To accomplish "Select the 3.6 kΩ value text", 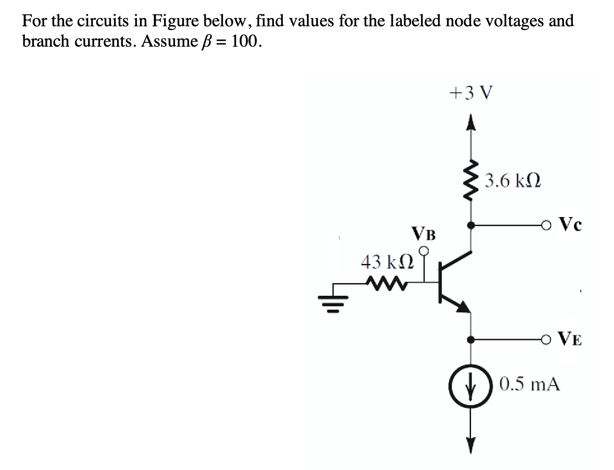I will click(x=512, y=181).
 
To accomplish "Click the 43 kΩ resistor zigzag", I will click(x=91, y=282).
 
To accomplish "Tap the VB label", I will click(x=423, y=234).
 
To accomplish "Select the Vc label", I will click(x=570, y=224).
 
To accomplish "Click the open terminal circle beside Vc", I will click(x=546, y=225).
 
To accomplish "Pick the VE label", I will click(x=570, y=339).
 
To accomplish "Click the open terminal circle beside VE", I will click(x=546, y=339).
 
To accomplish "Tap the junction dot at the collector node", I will click(x=470, y=225).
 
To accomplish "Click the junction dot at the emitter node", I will click(x=470, y=339).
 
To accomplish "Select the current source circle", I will click(x=470, y=386).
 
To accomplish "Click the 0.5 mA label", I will click(x=529, y=384).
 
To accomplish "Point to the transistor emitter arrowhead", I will click(x=463, y=306).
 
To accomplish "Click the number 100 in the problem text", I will click(x=243, y=42).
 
